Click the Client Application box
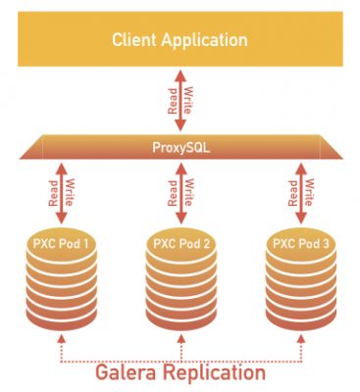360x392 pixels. (x=180, y=39)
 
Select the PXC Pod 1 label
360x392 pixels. (x=63, y=242)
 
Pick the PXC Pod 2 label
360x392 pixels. (x=180, y=242)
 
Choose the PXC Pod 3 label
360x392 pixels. (x=298, y=242)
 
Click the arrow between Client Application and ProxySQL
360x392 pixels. (x=180, y=101)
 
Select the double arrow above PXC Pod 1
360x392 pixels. (x=63, y=192)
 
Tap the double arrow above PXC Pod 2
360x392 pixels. (x=180, y=192)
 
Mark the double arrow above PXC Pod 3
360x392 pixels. (x=298, y=192)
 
